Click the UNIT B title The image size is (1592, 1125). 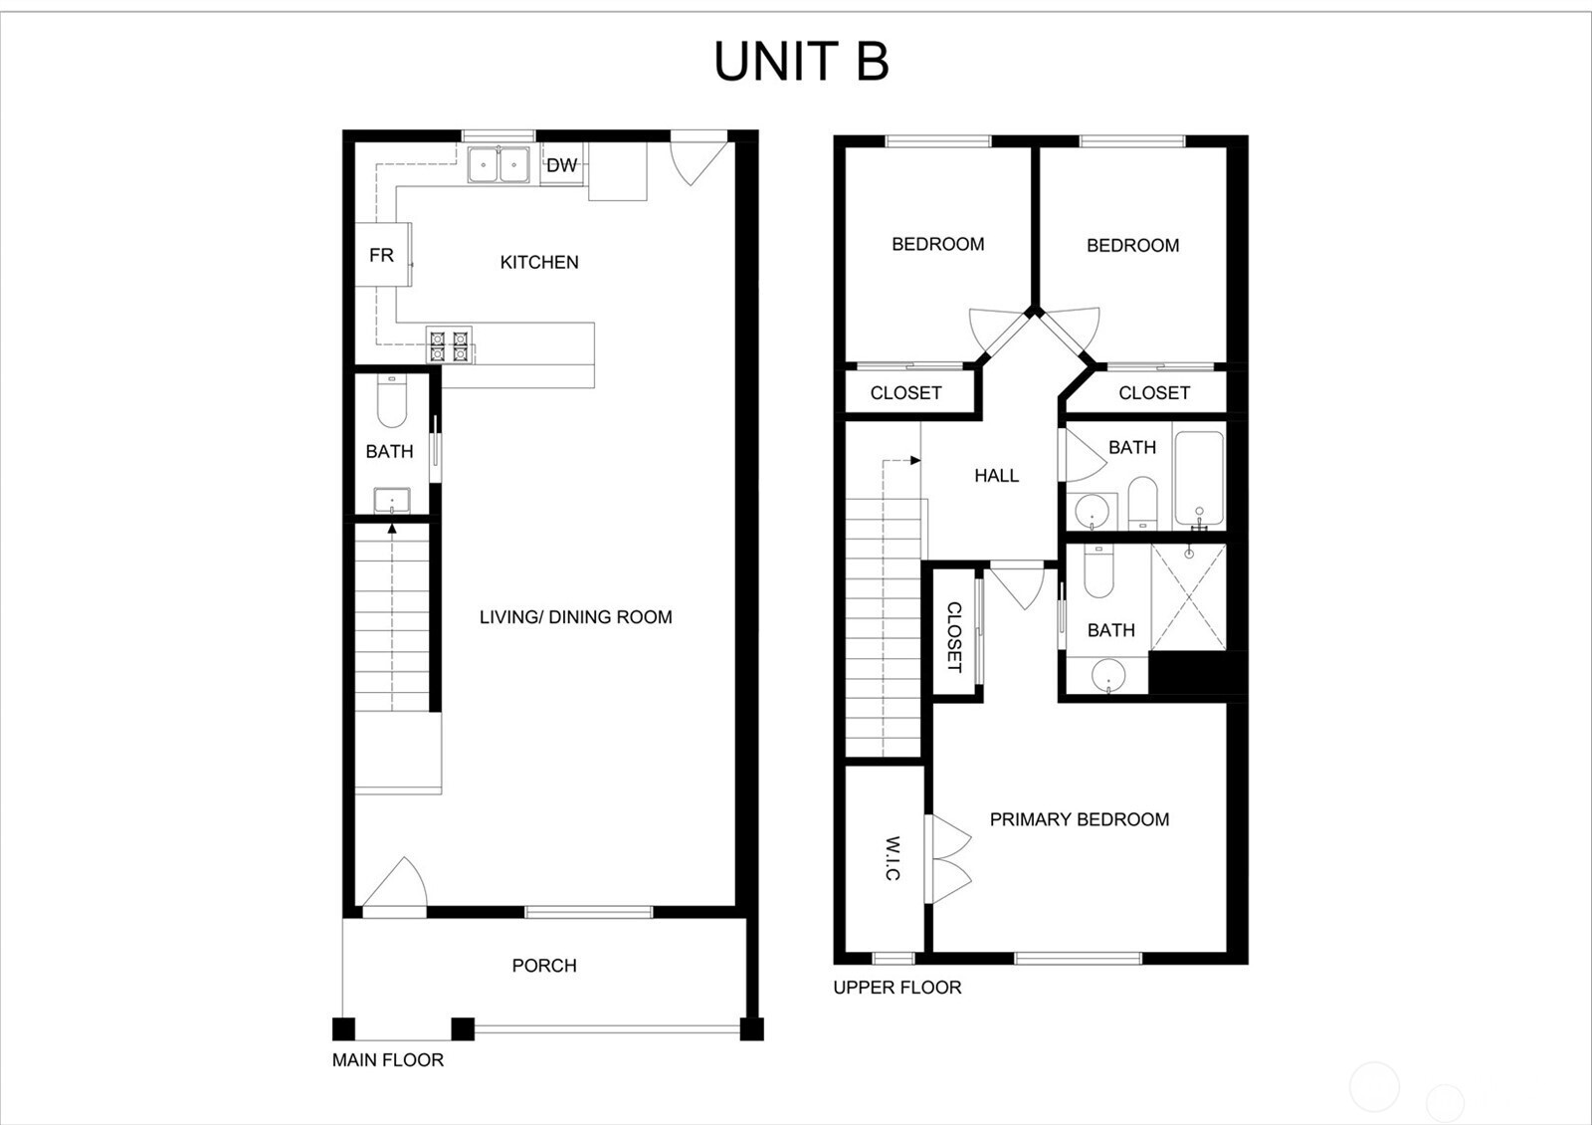[801, 62]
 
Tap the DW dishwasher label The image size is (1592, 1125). [561, 165]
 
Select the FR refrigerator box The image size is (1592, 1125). [382, 256]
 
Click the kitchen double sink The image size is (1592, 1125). [498, 165]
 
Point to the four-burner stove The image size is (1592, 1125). [449, 345]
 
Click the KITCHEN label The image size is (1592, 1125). [538, 262]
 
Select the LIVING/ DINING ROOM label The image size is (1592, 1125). [575, 617]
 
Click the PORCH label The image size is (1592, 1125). [544, 966]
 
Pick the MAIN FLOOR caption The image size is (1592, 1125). [388, 1060]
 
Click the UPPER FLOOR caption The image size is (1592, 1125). [897, 988]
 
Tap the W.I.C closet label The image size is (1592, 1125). [893, 858]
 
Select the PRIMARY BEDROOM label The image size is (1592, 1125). [1080, 819]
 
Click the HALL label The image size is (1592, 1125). [996, 476]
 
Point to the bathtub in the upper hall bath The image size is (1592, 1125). [1198, 478]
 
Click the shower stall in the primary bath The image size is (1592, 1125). [1188, 597]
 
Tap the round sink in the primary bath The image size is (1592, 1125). [1107, 676]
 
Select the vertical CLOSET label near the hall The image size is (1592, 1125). [954, 637]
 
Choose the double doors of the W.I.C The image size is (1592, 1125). [948, 860]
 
